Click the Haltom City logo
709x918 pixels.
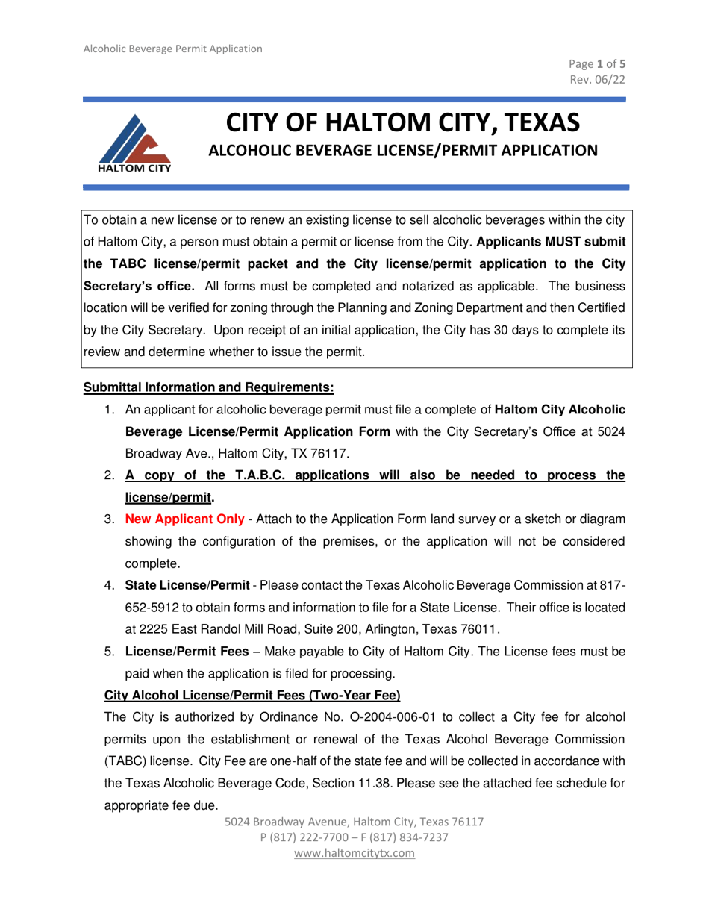tap(135, 142)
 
